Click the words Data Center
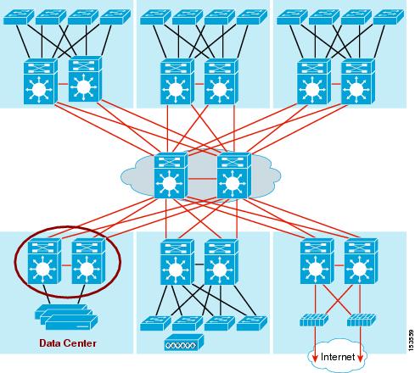pos(67,343)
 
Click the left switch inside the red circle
pos(42,263)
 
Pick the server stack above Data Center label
pos(64,319)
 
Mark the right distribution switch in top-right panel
pos(356,81)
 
